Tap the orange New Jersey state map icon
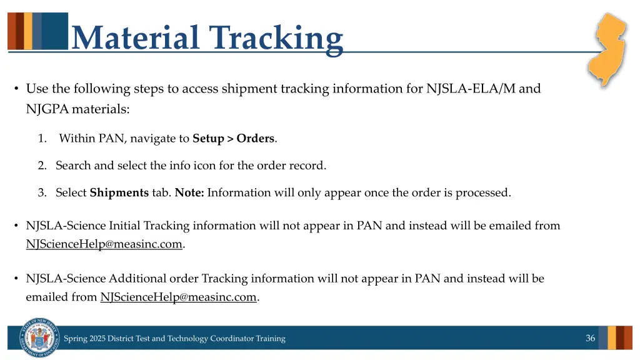[607, 49]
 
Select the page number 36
[590, 338]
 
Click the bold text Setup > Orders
[233, 139]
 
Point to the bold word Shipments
[119, 193]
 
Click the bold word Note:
[189, 193]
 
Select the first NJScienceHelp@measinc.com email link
[104, 244]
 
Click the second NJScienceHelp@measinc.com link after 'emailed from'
[178, 297]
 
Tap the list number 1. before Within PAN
[42, 139]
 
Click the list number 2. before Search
[42, 166]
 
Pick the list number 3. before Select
[42, 193]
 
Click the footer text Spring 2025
[84, 339]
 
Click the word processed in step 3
[482, 193]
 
